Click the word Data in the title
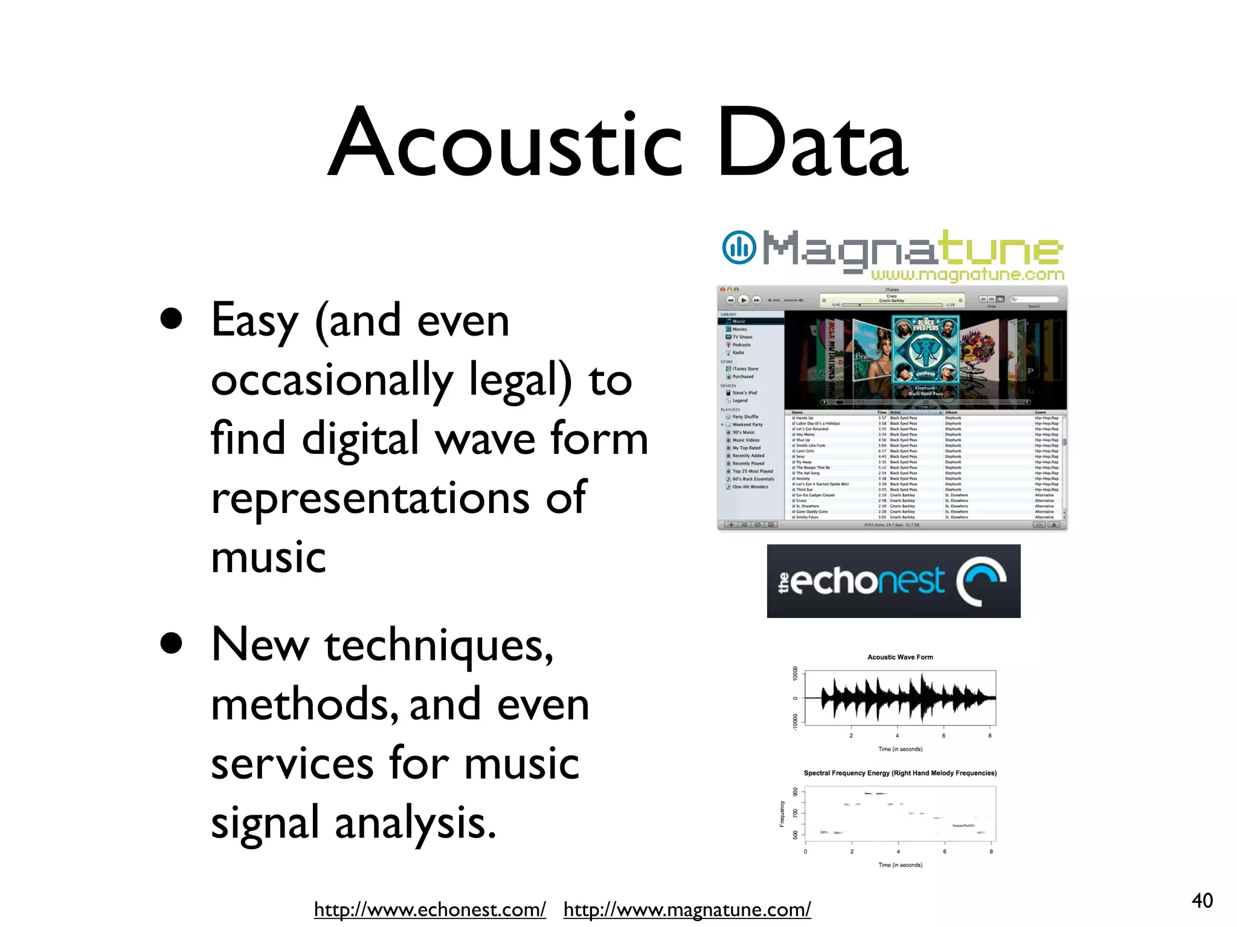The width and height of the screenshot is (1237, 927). click(x=812, y=145)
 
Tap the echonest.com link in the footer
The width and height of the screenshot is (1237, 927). click(x=429, y=909)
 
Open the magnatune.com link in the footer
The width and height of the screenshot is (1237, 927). click(x=687, y=909)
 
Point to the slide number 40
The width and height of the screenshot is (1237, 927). click(x=1202, y=900)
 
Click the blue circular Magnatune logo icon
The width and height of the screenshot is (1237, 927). click(x=739, y=247)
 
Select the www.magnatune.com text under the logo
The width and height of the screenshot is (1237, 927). click(x=967, y=275)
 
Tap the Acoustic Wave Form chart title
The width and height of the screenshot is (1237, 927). click(x=900, y=657)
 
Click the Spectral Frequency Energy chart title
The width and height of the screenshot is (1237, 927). click(x=900, y=773)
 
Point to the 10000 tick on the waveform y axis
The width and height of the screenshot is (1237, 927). click(x=795, y=674)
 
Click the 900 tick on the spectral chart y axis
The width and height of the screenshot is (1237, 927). click(x=795, y=792)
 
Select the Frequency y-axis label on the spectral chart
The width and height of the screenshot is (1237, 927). click(x=782, y=814)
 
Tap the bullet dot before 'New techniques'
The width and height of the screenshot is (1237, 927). click(x=172, y=643)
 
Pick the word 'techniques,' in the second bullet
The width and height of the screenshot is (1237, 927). click(x=439, y=646)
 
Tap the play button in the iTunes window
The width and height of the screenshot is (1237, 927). click(x=744, y=300)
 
